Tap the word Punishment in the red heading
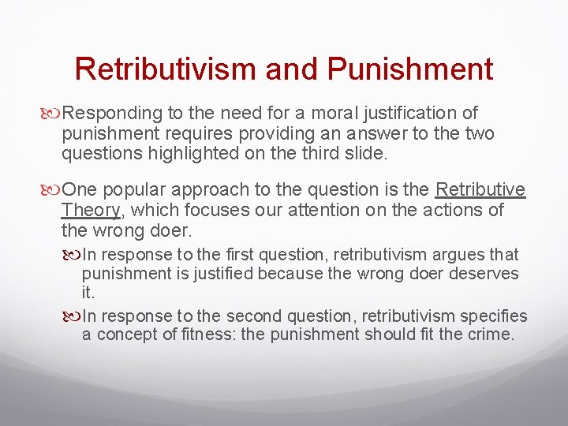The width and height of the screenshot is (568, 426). coord(409,69)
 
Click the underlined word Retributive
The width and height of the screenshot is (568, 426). coord(480,190)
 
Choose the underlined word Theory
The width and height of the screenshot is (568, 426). coord(90,210)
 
